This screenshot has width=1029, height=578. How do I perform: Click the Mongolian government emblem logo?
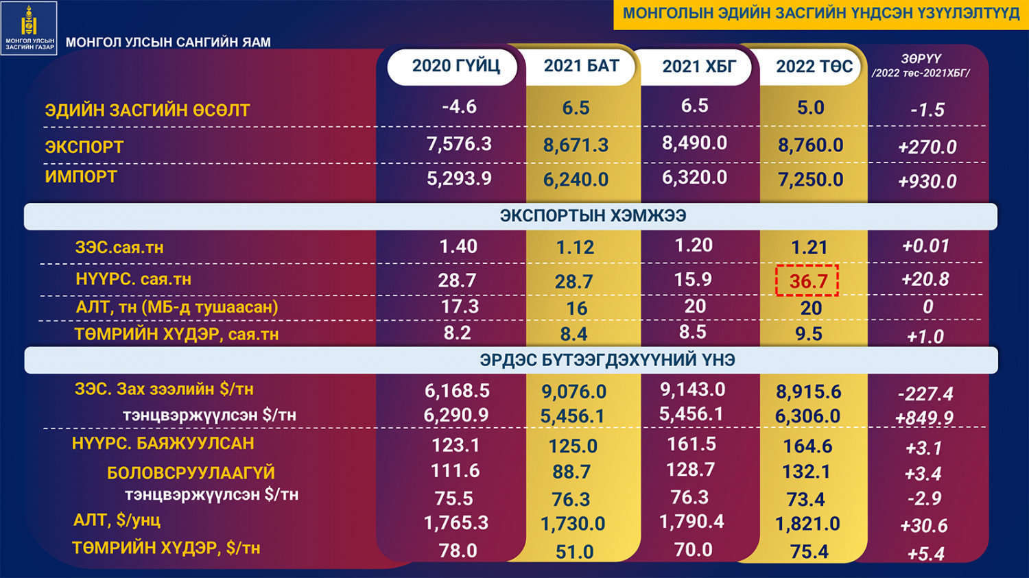coord(29,27)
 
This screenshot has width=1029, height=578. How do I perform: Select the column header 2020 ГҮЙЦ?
coord(455,67)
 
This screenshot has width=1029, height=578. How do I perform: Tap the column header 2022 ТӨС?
coord(814,67)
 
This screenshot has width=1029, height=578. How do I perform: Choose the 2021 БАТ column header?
coord(581,67)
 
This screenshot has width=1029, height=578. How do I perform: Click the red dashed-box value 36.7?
coord(807,281)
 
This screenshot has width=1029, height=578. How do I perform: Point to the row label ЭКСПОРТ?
coord(84,147)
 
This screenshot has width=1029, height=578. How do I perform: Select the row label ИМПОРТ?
coord(81,177)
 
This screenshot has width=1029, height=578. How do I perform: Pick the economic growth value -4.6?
coord(459,107)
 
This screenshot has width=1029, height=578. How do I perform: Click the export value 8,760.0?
coord(810,145)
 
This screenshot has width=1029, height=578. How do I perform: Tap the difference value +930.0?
coord(927,182)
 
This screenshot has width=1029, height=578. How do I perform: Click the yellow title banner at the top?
coord(820,14)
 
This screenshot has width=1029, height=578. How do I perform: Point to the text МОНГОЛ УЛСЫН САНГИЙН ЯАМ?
coord(168,43)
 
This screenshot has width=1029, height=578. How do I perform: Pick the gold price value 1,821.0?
coord(807,525)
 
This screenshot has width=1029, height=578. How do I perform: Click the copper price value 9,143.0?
coord(692,390)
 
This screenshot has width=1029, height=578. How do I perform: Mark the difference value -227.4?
coord(925,394)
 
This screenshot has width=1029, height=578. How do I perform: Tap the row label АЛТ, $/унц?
coord(117,520)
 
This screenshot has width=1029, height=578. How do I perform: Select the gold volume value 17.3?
coord(459,306)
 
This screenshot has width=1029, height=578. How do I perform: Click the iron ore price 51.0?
coord(574,552)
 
